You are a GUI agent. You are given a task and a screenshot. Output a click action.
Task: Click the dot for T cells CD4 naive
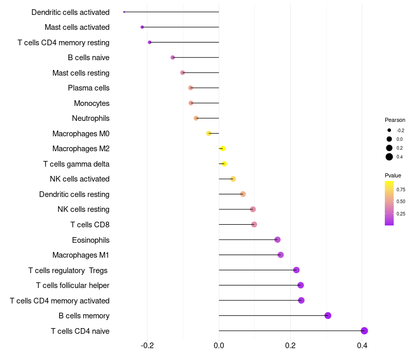tap(364, 331)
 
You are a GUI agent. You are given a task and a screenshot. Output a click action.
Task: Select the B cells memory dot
tap(328, 316)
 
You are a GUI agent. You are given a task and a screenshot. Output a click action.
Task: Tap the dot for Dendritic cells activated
tap(124, 12)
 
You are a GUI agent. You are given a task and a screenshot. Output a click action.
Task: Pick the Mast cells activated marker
tap(142, 27)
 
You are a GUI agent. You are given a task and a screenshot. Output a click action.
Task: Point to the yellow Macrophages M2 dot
tap(222, 149)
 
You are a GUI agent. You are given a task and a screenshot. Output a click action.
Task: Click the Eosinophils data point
tap(277, 240)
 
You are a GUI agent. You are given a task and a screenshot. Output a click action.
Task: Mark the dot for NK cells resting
tap(253, 209)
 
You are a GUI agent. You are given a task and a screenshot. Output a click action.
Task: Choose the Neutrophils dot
tap(196, 118)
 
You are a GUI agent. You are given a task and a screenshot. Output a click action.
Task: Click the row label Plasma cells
tap(88, 88)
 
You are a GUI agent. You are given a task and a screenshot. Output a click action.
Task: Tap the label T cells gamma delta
tap(76, 164)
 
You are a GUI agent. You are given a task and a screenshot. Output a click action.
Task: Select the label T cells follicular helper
tap(72, 285)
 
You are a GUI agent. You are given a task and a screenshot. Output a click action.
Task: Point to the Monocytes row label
tap(91, 103)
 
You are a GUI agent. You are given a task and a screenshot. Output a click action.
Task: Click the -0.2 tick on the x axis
tap(147, 345)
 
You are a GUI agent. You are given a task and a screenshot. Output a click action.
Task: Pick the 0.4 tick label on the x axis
tap(362, 345)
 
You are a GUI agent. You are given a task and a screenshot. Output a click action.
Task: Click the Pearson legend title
tap(395, 120)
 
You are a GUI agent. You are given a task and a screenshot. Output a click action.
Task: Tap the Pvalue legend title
tap(393, 175)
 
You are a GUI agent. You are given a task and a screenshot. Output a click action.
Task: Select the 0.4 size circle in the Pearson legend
tap(389, 157)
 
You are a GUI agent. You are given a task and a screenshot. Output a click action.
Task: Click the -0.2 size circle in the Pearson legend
tap(389, 131)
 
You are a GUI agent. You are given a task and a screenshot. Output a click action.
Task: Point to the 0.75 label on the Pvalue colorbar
tap(401, 189)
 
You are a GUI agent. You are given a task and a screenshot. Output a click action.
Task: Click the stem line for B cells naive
tap(196, 58)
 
